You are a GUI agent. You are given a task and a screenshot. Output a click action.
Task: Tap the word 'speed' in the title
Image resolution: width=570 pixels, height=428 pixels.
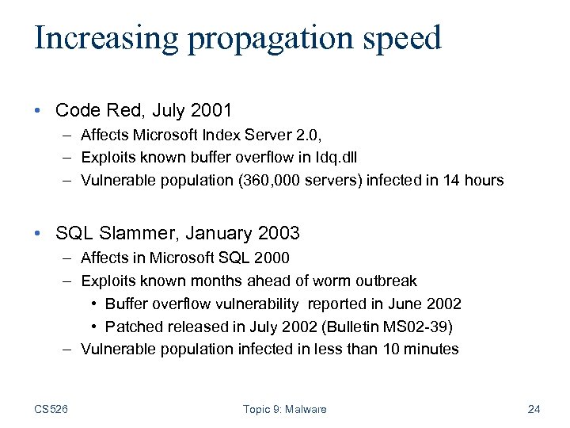[x=402, y=39]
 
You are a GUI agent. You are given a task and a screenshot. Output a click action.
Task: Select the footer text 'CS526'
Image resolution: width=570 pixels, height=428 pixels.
[x=51, y=409]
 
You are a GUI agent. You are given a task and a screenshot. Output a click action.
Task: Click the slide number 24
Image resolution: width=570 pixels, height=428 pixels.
[x=534, y=409]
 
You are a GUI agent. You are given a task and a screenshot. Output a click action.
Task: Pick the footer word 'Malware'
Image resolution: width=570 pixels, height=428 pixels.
[x=306, y=409]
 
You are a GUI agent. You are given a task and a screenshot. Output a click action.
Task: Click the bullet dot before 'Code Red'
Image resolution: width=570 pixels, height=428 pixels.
[x=40, y=109]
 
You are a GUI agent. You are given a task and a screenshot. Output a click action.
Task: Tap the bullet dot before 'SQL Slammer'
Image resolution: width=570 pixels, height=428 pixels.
[x=40, y=233]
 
